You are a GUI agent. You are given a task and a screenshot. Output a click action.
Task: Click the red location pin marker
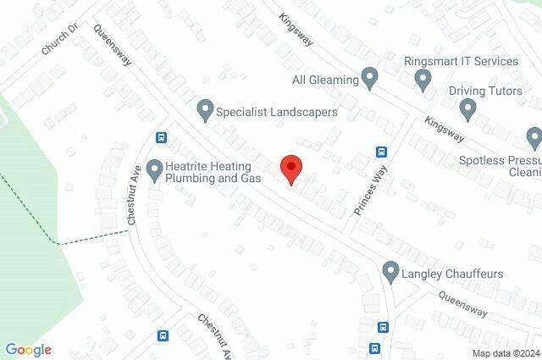290,169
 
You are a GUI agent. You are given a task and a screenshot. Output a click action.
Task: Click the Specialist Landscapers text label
277,111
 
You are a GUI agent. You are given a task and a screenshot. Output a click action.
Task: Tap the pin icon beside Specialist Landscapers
204,110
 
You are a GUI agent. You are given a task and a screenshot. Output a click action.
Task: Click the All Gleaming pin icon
369,79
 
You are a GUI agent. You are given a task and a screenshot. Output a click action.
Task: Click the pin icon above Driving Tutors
467,108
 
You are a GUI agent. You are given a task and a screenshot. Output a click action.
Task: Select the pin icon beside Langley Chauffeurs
390,273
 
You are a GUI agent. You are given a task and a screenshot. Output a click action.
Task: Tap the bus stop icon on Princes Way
382,152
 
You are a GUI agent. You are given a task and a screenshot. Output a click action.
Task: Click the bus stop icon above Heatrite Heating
161,138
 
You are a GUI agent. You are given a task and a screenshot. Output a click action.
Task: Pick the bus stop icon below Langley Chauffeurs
384,328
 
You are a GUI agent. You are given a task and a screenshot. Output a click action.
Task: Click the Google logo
28,350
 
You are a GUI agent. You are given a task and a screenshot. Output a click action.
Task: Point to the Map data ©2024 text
506,353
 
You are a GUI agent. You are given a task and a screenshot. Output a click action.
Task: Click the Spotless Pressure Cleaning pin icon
534,138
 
